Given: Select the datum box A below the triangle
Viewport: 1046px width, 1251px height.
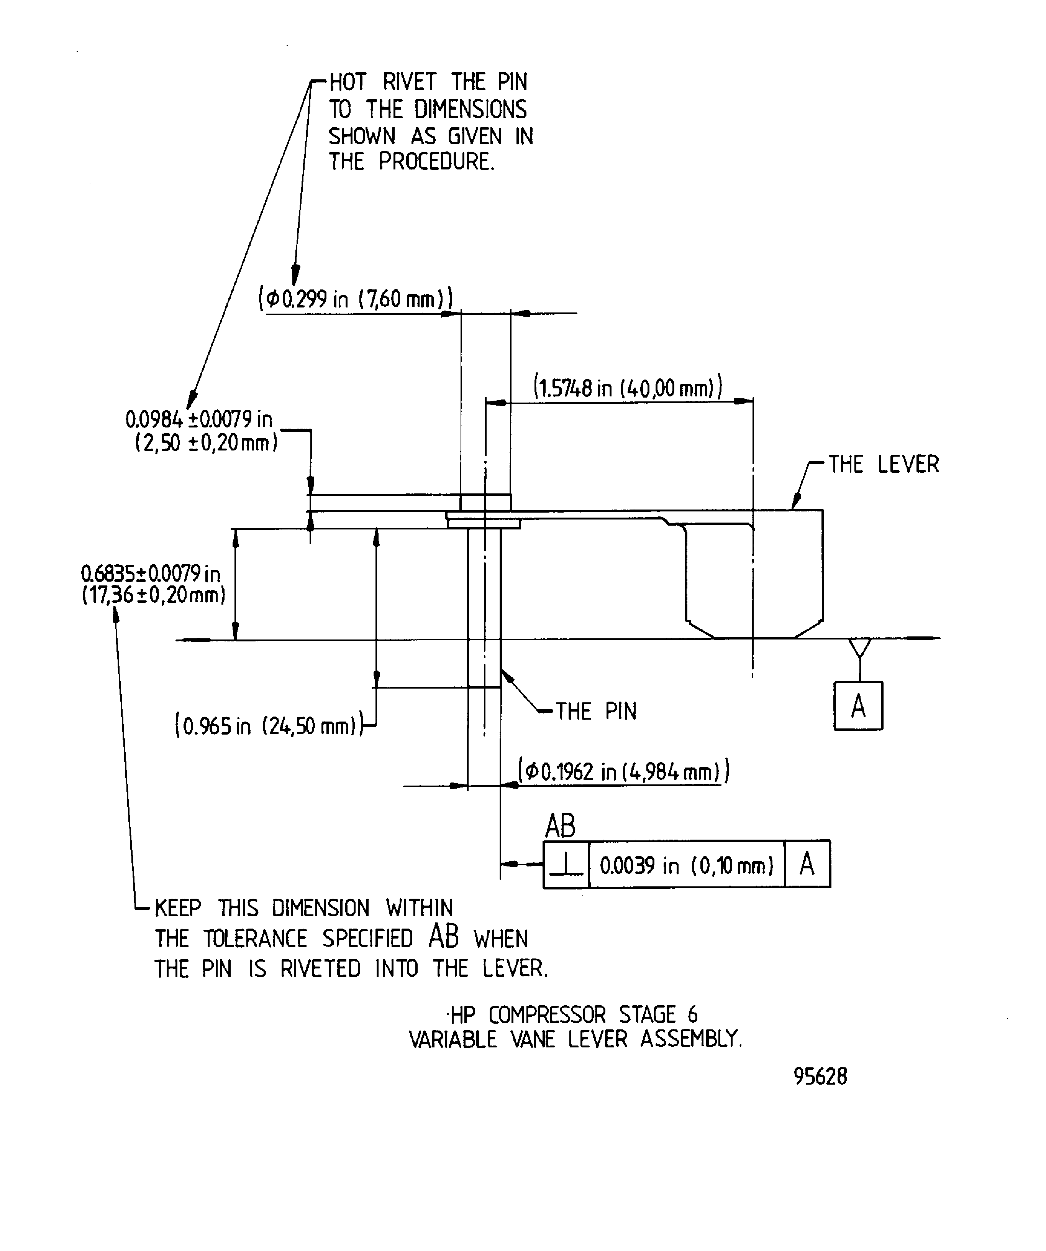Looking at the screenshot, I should (858, 706).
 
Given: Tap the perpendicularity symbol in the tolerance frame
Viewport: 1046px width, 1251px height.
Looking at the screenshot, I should (566, 865).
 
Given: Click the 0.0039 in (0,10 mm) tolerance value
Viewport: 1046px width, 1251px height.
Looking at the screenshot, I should (687, 865).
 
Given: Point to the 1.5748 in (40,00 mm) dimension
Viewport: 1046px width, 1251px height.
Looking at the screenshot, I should (628, 388).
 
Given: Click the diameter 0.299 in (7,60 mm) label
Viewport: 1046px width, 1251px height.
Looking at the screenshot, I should (356, 298).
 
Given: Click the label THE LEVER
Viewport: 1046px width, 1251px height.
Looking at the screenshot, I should (884, 464).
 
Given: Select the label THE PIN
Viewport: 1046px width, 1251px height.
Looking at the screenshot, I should (596, 711).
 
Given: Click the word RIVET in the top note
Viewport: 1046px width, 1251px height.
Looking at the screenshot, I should (410, 82).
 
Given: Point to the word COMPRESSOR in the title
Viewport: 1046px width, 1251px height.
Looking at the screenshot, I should (547, 1014).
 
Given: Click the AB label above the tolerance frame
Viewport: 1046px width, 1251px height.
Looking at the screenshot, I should (560, 826).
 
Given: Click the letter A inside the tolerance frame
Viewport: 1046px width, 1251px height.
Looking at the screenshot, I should (807, 864).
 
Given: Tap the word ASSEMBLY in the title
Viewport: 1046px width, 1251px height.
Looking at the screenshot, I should (690, 1039).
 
